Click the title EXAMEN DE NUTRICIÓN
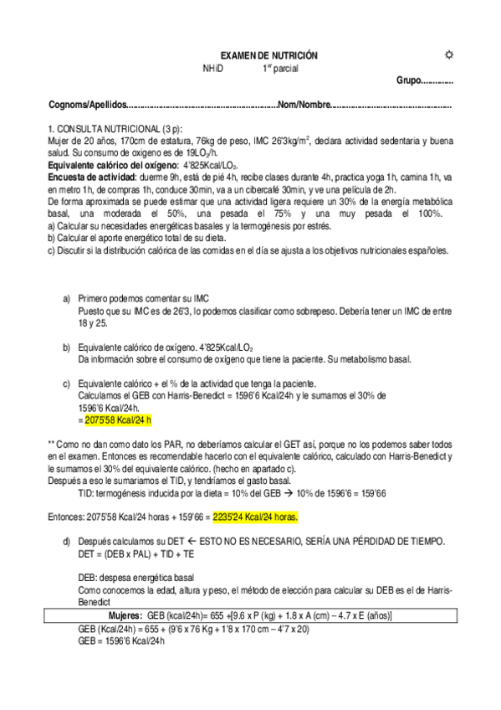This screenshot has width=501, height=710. tap(262, 55)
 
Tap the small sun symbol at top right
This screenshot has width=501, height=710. tap(448, 54)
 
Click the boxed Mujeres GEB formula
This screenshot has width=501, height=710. tap(251, 615)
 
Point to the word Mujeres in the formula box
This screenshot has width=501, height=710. tap(124, 615)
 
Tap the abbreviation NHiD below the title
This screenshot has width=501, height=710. tap(213, 69)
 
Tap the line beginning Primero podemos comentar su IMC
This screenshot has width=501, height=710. tap(143, 298)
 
